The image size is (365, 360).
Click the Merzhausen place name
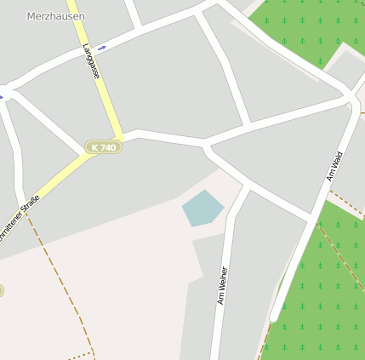tap(55, 16)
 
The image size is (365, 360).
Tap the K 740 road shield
tap(103, 147)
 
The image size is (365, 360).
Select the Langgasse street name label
tap(92, 62)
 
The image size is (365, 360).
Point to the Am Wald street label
tap(334, 165)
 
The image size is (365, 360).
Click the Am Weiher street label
tap(222, 286)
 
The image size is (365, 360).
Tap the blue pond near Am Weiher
tap(202, 208)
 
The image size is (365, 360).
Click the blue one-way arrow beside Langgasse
tap(101, 48)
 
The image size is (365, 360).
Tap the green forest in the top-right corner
tap(306, 26)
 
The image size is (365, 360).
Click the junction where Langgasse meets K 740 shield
tap(123, 136)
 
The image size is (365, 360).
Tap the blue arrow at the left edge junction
tap(1, 96)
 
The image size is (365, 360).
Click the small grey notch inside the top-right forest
tap(345, 68)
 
